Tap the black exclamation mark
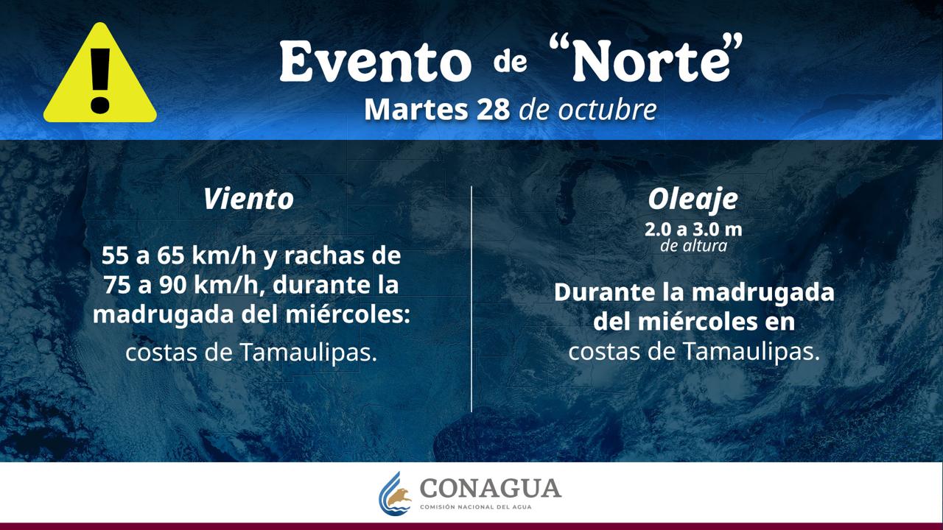click(x=100, y=80)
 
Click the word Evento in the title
click(x=375, y=62)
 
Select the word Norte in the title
click(x=651, y=62)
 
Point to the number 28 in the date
click(x=493, y=110)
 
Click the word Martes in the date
click(x=416, y=110)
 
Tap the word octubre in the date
click(x=607, y=110)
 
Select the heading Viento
click(x=248, y=199)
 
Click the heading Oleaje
click(x=693, y=199)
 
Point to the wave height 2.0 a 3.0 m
click(x=693, y=230)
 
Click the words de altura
click(x=693, y=246)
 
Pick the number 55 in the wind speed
click(x=114, y=255)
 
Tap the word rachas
click(x=323, y=255)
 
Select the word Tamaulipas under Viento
click(x=309, y=352)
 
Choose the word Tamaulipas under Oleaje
click(x=751, y=351)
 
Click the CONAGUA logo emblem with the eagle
click(x=395, y=493)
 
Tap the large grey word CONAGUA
click(x=491, y=488)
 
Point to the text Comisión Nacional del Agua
click(x=476, y=507)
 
